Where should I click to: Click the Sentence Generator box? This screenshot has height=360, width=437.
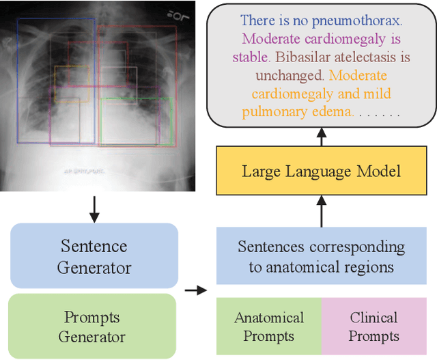[x=94, y=256]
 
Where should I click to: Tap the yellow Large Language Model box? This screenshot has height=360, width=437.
[x=321, y=170]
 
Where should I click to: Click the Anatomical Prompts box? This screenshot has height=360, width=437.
[x=269, y=327]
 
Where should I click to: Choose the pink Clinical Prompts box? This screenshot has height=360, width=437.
[x=373, y=327]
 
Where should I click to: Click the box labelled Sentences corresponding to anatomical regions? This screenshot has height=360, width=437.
[x=321, y=256]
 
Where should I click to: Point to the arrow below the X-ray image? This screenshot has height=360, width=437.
[x=95, y=208]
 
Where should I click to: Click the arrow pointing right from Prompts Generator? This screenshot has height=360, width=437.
[x=196, y=290]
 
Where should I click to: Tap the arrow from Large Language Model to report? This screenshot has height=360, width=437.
[x=321, y=137]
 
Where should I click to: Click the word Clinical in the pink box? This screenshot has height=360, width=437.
[x=373, y=317]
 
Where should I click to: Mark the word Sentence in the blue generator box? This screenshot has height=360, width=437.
[x=94, y=246]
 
